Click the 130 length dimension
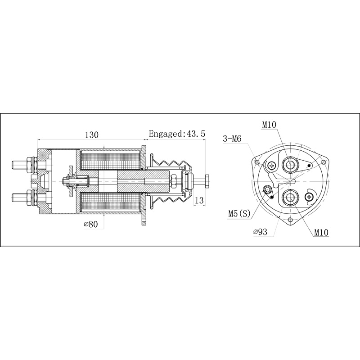91,135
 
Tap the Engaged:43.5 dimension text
177,134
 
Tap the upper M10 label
270,124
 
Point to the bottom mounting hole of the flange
290,220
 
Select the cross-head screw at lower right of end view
309,196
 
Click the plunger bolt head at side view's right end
207,180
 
